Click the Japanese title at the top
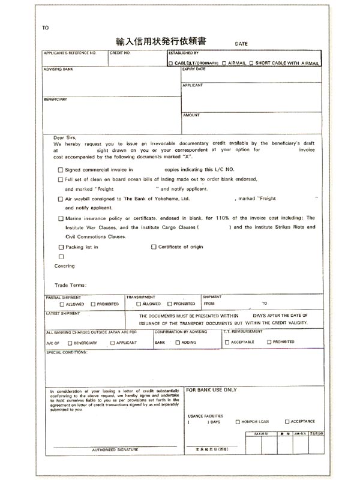point(161,41)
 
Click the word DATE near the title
point(241,44)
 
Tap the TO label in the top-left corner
point(46,28)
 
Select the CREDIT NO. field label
point(120,53)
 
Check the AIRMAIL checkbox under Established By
point(224,63)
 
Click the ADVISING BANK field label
point(58,70)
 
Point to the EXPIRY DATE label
point(194,69)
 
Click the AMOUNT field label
point(191,115)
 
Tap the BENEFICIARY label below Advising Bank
point(55,99)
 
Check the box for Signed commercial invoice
point(60,170)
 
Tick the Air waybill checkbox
point(60,199)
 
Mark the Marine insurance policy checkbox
point(60,218)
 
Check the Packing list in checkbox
point(60,247)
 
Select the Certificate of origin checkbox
point(154,247)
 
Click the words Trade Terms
point(71,285)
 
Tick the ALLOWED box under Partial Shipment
point(62,305)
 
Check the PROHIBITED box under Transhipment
point(169,304)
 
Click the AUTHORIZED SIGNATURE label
point(115,449)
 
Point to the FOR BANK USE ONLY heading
point(211,390)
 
